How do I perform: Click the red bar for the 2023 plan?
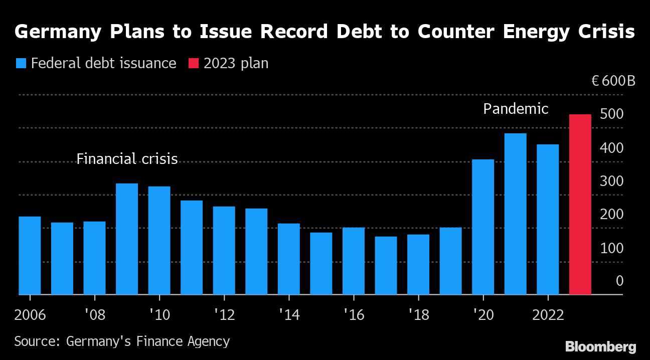580,205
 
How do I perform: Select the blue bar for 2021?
516,214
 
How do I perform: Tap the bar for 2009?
127,239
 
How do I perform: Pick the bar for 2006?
30,256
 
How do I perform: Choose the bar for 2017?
386,266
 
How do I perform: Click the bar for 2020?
483,227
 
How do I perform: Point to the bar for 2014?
289,259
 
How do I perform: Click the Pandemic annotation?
516,109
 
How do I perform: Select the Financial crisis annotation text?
127,159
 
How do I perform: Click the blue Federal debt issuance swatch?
21,64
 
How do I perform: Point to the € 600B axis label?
613,81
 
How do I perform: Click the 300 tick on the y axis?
611,182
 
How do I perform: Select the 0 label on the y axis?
619,281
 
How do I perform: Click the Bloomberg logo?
600,346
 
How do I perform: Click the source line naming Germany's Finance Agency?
122,342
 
